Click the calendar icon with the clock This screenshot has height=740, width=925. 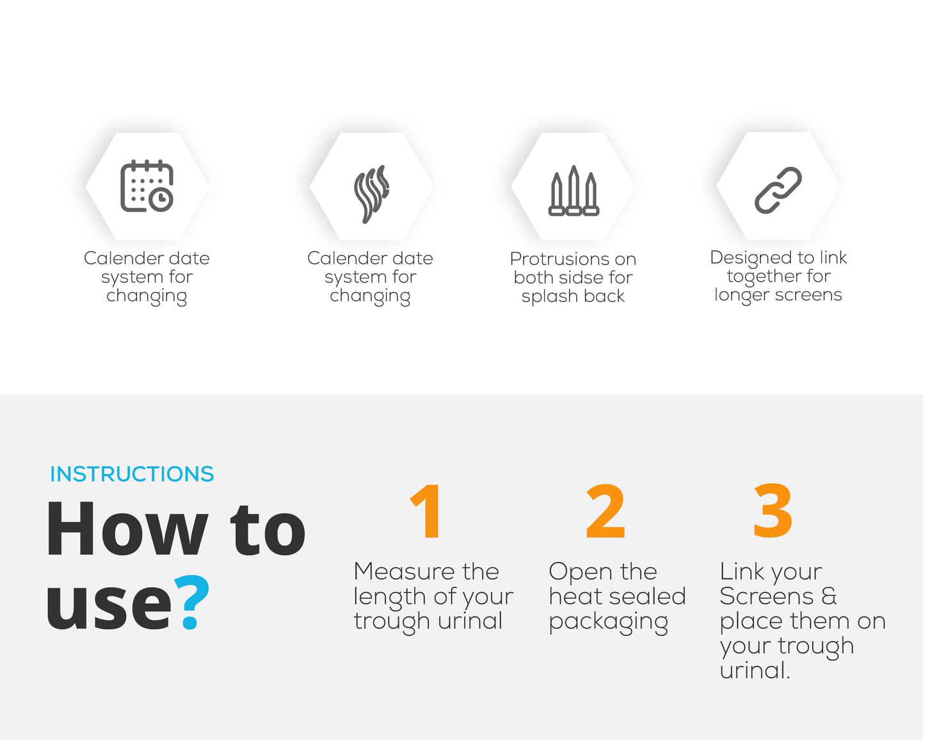click(x=147, y=186)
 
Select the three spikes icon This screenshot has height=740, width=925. click(x=574, y=191)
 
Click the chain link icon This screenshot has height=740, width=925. click(x=778, y=190)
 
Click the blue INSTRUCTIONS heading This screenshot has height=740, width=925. click(x=132, y=474)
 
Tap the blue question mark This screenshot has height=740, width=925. click(x=191, y=602)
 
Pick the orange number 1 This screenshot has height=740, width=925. click(x=426, y=511)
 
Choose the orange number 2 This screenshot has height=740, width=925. click(x=605, y=511)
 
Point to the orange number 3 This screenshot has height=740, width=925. click(x=773, y=511)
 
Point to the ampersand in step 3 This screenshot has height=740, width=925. click(x=828, y=597)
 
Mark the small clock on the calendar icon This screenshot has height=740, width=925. click(x=161, y=198)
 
